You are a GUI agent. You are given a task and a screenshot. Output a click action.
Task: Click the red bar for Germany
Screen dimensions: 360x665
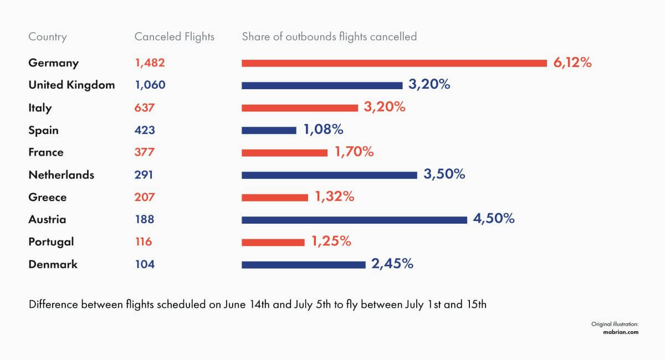394,63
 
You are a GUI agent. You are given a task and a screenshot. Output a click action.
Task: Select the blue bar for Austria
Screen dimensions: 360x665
354,219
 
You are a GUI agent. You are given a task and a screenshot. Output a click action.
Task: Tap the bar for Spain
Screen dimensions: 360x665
269,130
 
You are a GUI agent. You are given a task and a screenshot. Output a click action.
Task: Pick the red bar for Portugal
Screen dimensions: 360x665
273,242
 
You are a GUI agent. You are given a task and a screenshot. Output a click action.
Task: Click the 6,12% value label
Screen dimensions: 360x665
572,63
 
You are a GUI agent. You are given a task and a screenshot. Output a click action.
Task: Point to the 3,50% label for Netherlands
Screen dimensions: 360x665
444,174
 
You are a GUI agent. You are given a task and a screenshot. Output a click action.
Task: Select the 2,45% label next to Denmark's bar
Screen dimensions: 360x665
392,264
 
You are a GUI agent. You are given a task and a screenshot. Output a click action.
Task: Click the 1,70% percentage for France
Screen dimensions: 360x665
354,152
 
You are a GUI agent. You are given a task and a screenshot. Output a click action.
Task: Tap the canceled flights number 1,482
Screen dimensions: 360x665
150,63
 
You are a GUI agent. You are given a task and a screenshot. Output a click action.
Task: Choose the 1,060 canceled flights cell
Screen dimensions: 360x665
150,85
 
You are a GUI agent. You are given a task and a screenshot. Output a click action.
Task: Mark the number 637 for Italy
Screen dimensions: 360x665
145,108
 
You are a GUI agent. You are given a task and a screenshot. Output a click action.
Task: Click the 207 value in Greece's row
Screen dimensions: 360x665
145,197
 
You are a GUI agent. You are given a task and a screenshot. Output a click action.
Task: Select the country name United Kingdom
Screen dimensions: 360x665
71,85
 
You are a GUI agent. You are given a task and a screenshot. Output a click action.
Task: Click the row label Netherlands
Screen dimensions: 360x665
61,175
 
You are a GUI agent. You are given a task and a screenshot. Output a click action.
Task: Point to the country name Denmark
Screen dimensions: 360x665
53,264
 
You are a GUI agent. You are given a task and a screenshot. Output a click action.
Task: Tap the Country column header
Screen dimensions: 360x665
47,37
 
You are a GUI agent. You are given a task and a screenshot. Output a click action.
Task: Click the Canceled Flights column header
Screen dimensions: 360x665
174,37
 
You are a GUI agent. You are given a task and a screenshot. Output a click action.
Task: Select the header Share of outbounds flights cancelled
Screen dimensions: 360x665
329,37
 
